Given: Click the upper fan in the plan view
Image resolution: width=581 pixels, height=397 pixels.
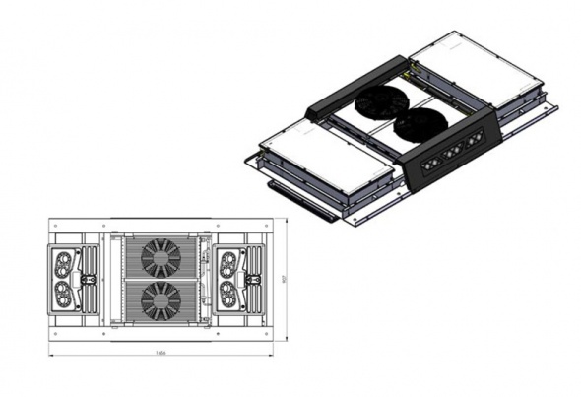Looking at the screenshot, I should (x=160, y=256).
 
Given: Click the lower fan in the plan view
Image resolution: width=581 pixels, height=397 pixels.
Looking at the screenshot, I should (x=160, y=299).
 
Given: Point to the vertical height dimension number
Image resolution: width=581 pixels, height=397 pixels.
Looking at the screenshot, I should (x=283, y=278).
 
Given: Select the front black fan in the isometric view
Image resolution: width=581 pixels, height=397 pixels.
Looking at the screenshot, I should (x=420, y=126).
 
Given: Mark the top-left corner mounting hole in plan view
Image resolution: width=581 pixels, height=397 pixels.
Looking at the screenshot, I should (x=56, y=227).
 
